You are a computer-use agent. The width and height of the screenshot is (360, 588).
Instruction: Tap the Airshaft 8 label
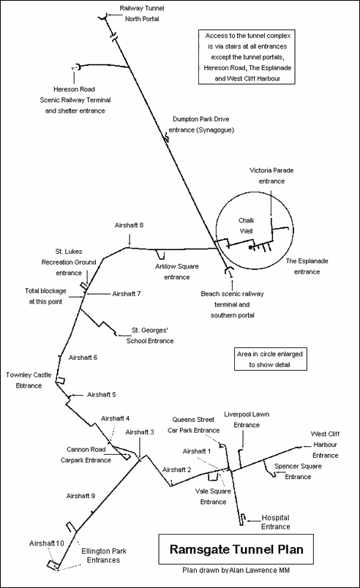tap(129, 225)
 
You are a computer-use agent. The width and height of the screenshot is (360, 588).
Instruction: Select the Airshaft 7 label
tap(126, 293)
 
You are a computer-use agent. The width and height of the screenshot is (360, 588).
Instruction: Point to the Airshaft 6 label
tap(83, 358)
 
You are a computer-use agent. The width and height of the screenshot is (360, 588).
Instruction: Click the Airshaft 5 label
tap(102, 394)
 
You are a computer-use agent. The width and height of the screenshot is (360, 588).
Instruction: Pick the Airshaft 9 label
tap(81, 496)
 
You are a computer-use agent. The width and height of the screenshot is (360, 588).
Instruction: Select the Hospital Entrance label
tap(276, 521)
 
